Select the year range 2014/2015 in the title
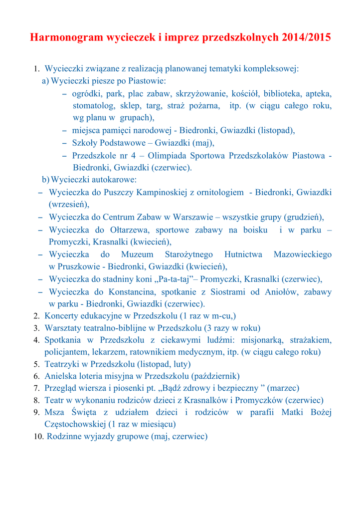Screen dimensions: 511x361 [x=306, y=37]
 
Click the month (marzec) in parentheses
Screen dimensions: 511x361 [x=283, y=388]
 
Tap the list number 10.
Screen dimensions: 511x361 [x=38, y=437]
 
